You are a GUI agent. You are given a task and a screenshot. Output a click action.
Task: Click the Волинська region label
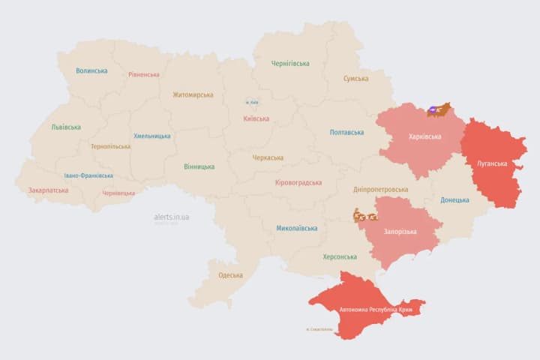tap(91, 71)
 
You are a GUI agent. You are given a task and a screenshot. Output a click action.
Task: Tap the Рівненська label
tap(143, 75)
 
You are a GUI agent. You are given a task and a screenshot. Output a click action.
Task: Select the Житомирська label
tap(193, 95)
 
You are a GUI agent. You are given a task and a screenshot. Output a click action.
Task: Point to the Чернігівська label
tap(290, 64)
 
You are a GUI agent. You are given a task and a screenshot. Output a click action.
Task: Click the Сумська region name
tap(355, 79)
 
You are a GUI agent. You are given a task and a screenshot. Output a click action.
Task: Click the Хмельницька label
tap(151, 136)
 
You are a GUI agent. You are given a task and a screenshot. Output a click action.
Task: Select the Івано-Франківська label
tap(88, 175)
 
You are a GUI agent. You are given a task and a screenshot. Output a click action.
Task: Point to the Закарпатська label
tap(48, 190)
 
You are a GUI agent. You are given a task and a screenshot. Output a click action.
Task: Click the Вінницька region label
tap(199, 166)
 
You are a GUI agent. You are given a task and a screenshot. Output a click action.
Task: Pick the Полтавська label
tap(346, 133)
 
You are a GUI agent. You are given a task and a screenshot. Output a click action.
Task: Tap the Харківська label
tap(424, 137)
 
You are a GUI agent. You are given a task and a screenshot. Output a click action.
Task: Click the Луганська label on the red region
tap(492, 163)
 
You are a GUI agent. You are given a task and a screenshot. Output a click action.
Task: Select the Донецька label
tap(454, 200)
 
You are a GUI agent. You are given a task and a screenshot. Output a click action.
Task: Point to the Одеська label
tap(230, 275)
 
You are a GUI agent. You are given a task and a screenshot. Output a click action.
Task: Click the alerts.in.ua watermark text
tap(171, 217)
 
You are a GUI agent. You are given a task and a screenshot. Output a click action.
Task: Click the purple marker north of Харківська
tap(433, 110)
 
